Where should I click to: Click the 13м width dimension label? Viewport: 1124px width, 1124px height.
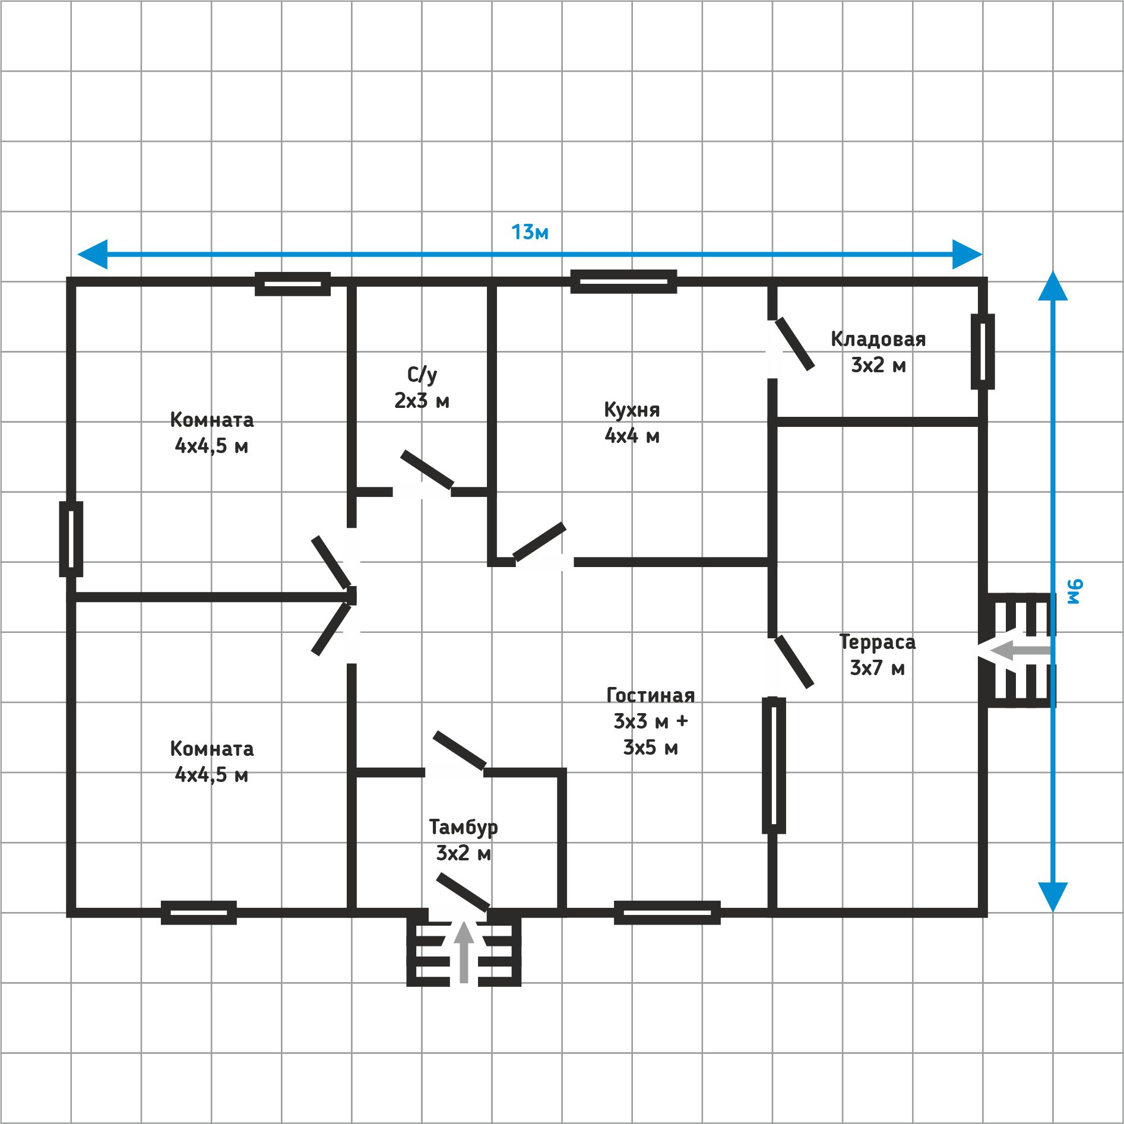530,232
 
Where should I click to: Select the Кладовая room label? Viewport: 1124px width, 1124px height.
878,339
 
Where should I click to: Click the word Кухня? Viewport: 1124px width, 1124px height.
632,410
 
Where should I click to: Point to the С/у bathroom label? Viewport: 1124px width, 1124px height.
422,375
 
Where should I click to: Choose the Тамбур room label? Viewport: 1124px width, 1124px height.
463,827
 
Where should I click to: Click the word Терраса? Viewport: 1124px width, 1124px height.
877,642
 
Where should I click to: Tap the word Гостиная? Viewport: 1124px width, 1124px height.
651,695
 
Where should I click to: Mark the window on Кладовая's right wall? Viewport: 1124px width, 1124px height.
983,352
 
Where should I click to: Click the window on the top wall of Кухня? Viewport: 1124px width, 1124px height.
623,281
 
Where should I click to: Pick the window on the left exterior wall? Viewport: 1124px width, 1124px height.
71,539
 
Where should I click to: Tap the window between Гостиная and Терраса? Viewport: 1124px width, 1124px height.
774,765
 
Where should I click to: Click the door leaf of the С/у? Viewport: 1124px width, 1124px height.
427,470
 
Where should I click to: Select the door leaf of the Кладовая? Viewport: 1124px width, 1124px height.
794,344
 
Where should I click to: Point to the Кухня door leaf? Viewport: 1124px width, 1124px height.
539,542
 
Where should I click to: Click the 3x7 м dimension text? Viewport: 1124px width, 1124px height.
877,668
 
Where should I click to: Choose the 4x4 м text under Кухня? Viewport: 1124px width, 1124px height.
632,436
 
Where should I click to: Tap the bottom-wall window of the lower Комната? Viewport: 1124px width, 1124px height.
199,913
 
